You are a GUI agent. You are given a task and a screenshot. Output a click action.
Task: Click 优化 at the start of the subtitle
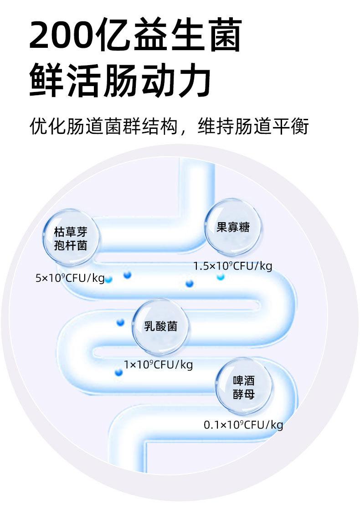[47, 126]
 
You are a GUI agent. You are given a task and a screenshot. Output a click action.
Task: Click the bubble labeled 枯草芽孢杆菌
[70, 237]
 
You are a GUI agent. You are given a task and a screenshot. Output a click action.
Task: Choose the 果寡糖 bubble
[233, 227]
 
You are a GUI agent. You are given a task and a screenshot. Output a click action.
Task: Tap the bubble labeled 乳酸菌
[160, 326]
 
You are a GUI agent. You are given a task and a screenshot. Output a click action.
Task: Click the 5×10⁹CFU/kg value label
[70, 278]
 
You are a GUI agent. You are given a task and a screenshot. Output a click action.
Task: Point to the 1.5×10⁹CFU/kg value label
[232, 266]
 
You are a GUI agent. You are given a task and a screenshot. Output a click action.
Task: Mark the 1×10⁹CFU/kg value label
[158, 364]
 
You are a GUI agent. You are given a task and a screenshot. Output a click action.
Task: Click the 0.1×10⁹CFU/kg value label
[243, 425]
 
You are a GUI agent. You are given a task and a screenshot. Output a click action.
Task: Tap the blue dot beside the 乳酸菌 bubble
[120, 322]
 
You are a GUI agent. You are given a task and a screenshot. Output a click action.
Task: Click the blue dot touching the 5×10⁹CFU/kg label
[108, 279]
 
